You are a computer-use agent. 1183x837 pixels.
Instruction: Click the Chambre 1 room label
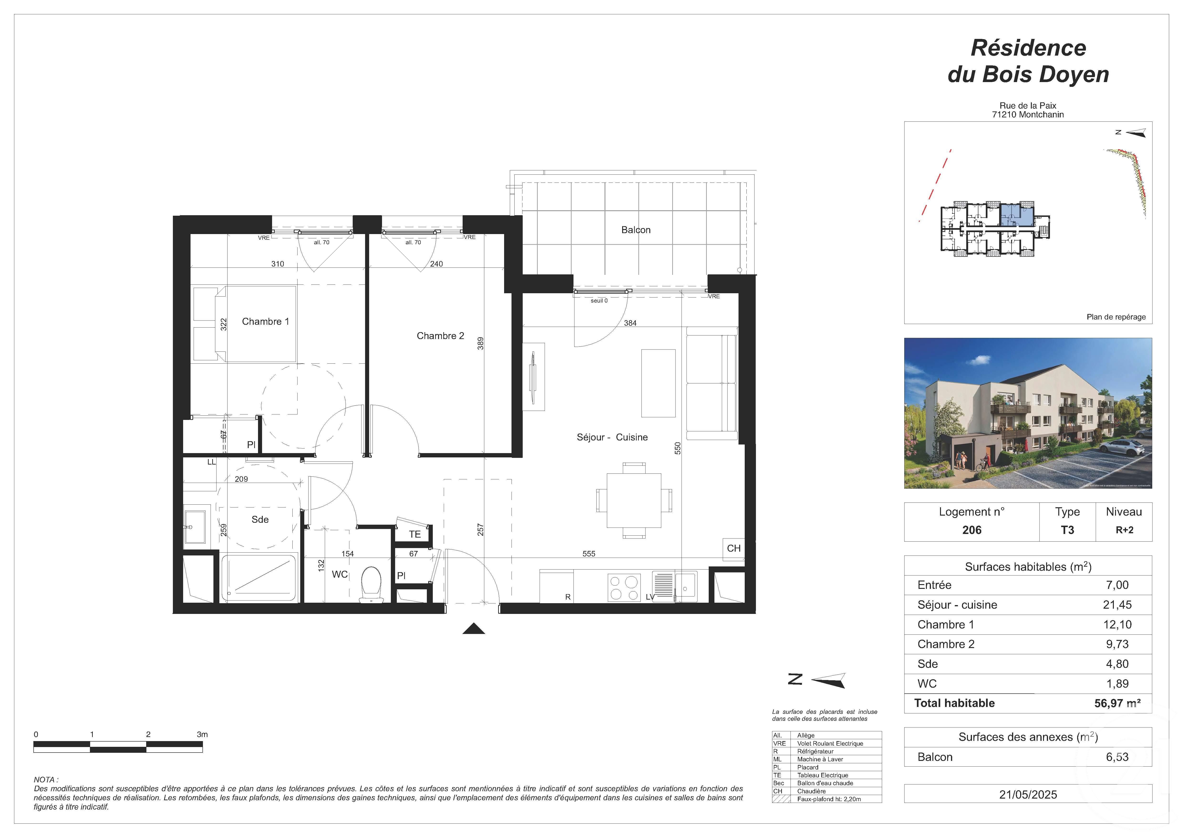pyautogui.click(x=265, y=322)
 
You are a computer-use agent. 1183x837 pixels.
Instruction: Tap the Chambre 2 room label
pyautogui.click(x=440, y=336)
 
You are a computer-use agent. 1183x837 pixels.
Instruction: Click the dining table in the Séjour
pyautogui.click(x=634, y=500)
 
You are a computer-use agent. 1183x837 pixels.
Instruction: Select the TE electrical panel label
pyautogui.click(x=415, y=534)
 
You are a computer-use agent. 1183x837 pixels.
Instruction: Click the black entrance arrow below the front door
pyautogui.click(x=474, y=629)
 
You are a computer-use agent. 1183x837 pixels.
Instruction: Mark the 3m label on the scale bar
pyautogui.click(x=202, y=734)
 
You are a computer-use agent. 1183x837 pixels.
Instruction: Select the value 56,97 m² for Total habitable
pyautogui.click(x=1117, y=704)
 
